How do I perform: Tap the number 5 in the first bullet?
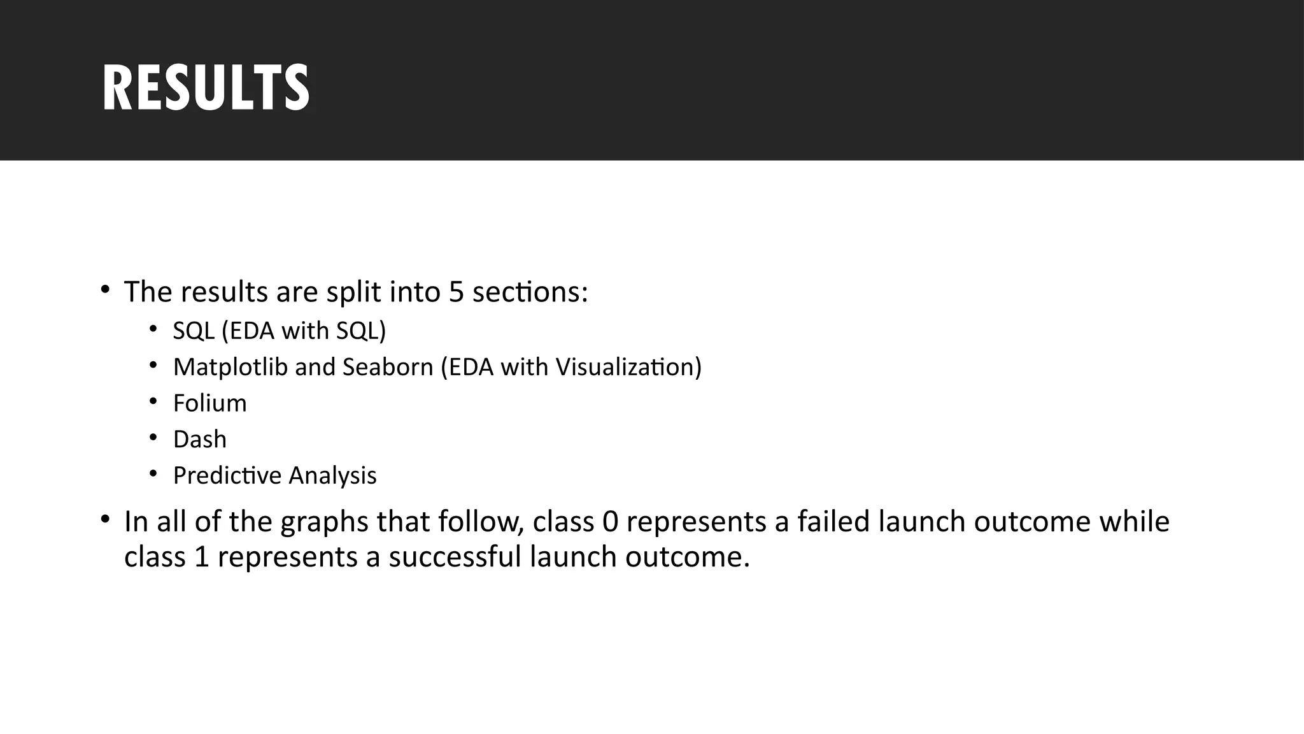click(x=456, y=292)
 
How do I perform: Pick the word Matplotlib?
click(x=230, y=367)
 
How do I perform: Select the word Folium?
click(x=209, y=403)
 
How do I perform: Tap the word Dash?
click(x=199, y=440)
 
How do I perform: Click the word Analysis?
click(x=332, y=476)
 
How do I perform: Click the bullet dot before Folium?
click(x=153, y=401)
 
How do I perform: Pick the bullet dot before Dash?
click(x=153, y=438)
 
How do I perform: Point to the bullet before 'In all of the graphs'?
click(x=105, y=519)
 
